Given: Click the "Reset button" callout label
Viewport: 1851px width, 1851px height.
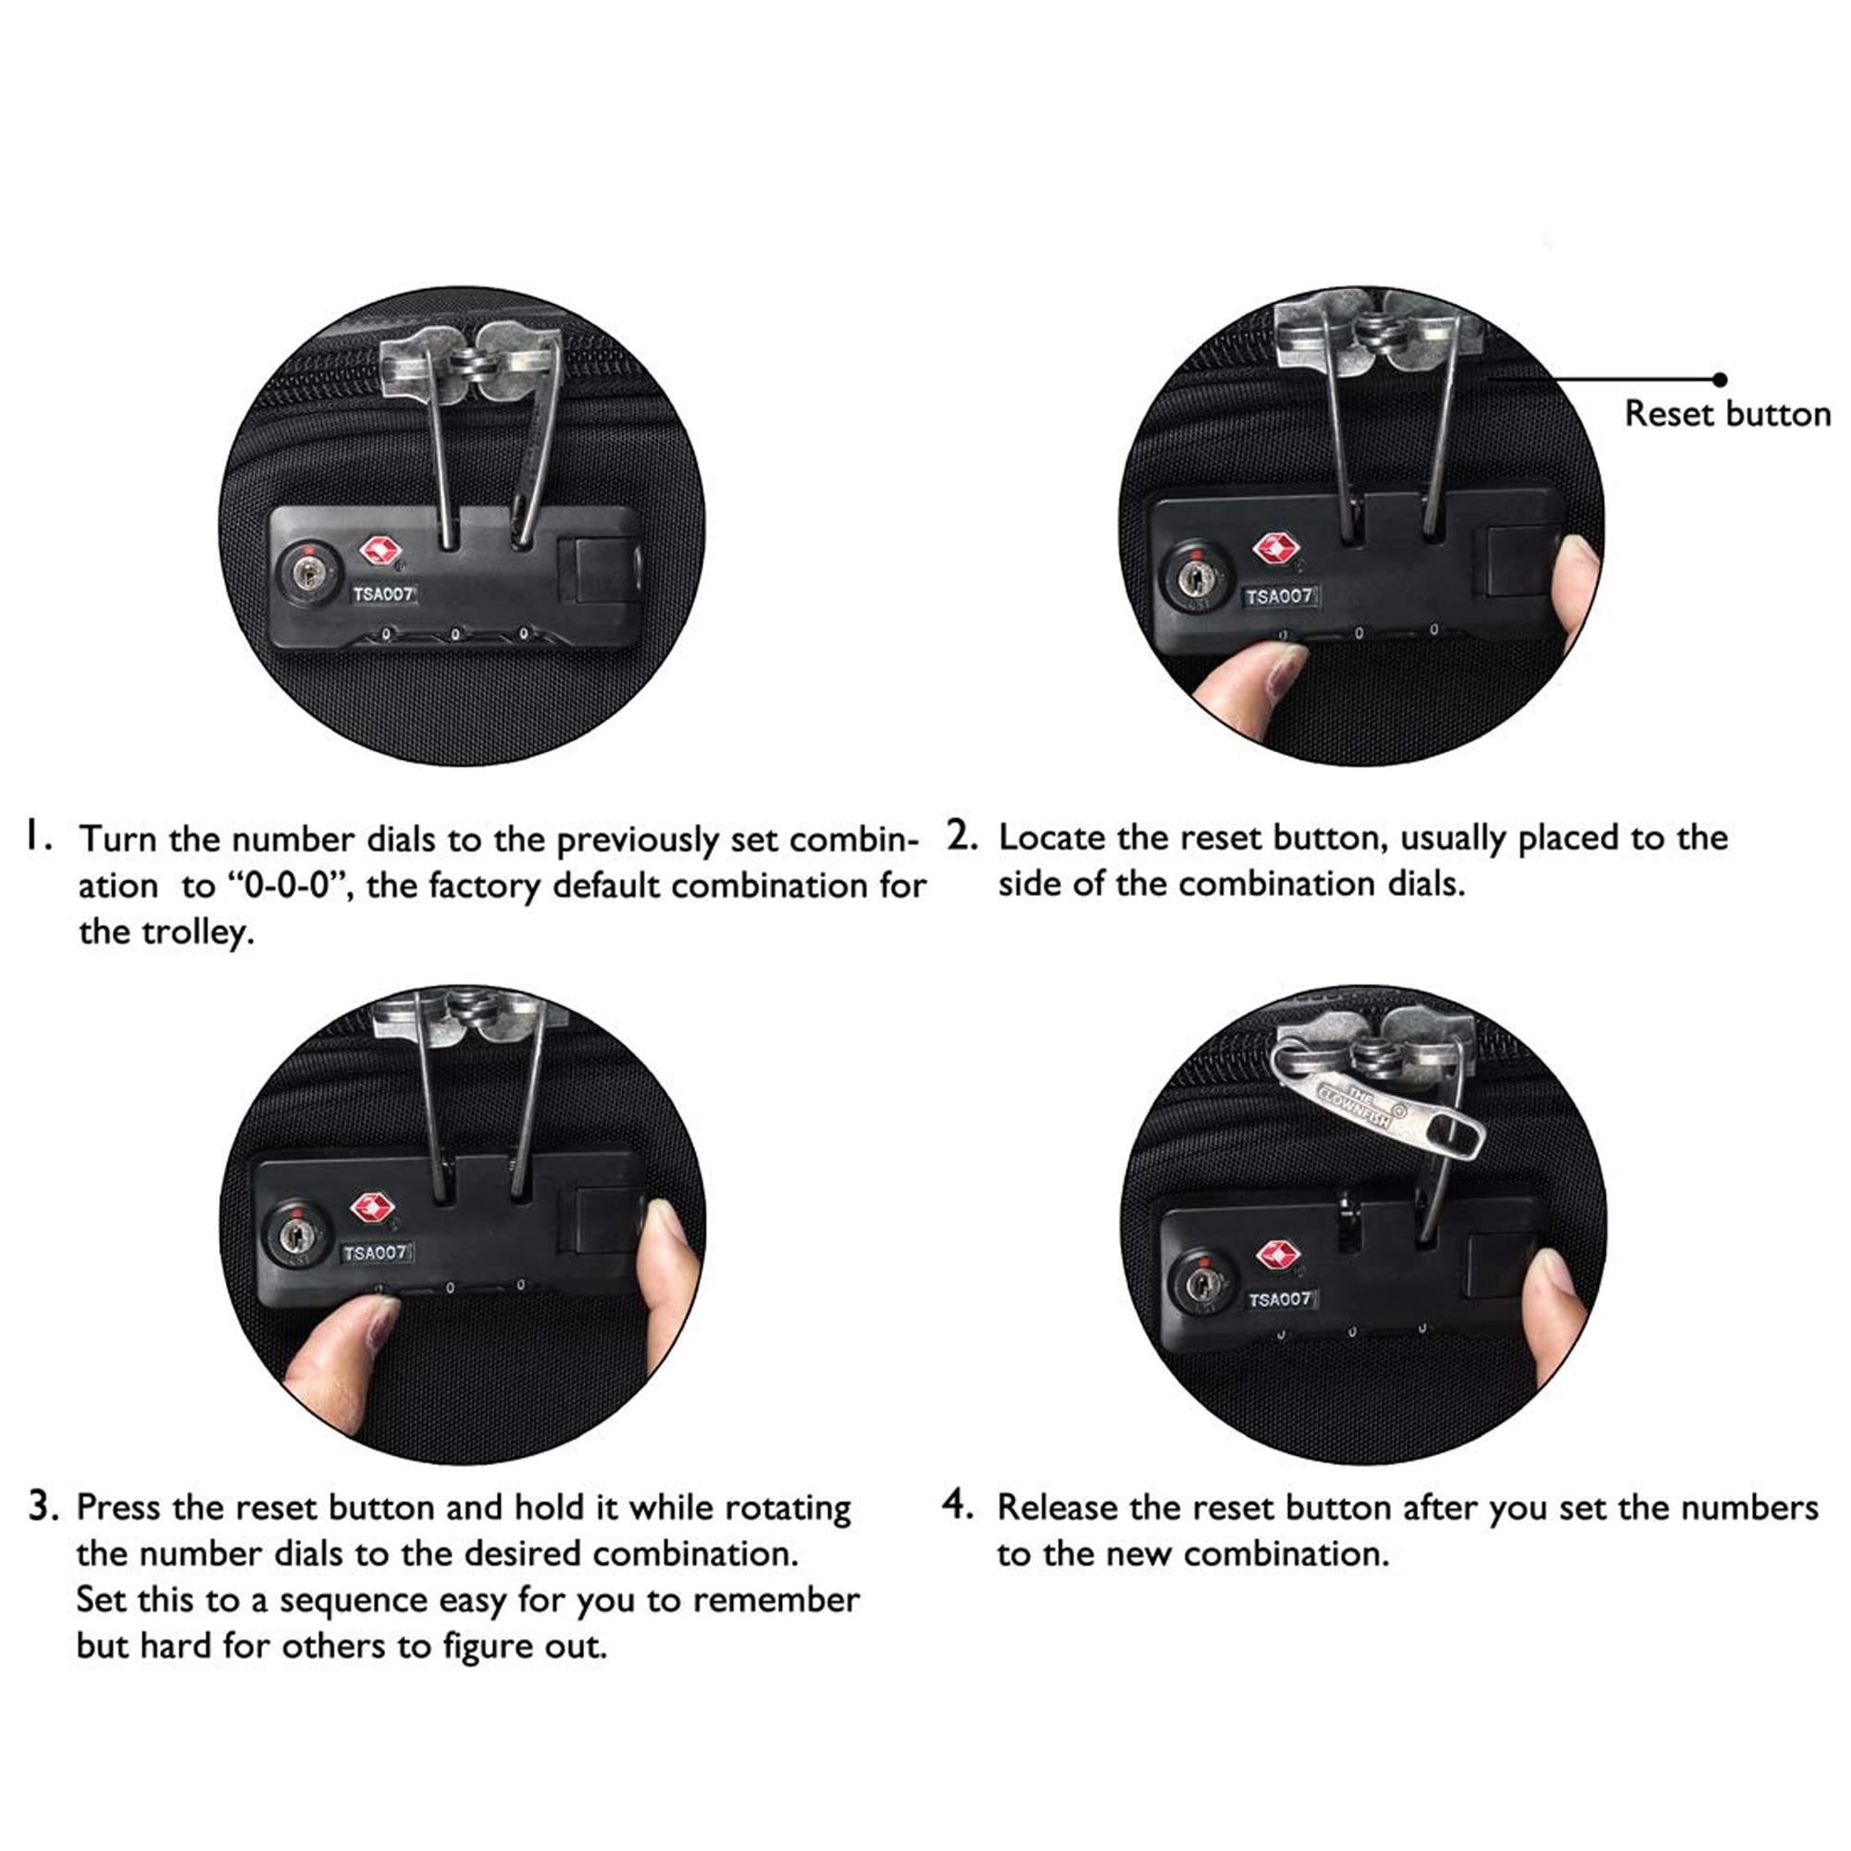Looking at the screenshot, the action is (x=1727, y=414).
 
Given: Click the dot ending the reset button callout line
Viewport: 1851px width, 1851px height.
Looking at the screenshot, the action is (x=1721, y=379).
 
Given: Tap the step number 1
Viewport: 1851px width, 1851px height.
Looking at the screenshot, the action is (x=36, y=836).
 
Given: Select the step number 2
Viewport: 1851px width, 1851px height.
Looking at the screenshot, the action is (x=962, y=836).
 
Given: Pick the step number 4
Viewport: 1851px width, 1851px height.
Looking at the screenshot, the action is (x=958, y=1504).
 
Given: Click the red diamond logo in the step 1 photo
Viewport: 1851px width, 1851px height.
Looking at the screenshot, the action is (x=379, y=551).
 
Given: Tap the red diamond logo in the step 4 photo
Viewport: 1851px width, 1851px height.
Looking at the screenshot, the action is (x=1276, y=1253).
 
